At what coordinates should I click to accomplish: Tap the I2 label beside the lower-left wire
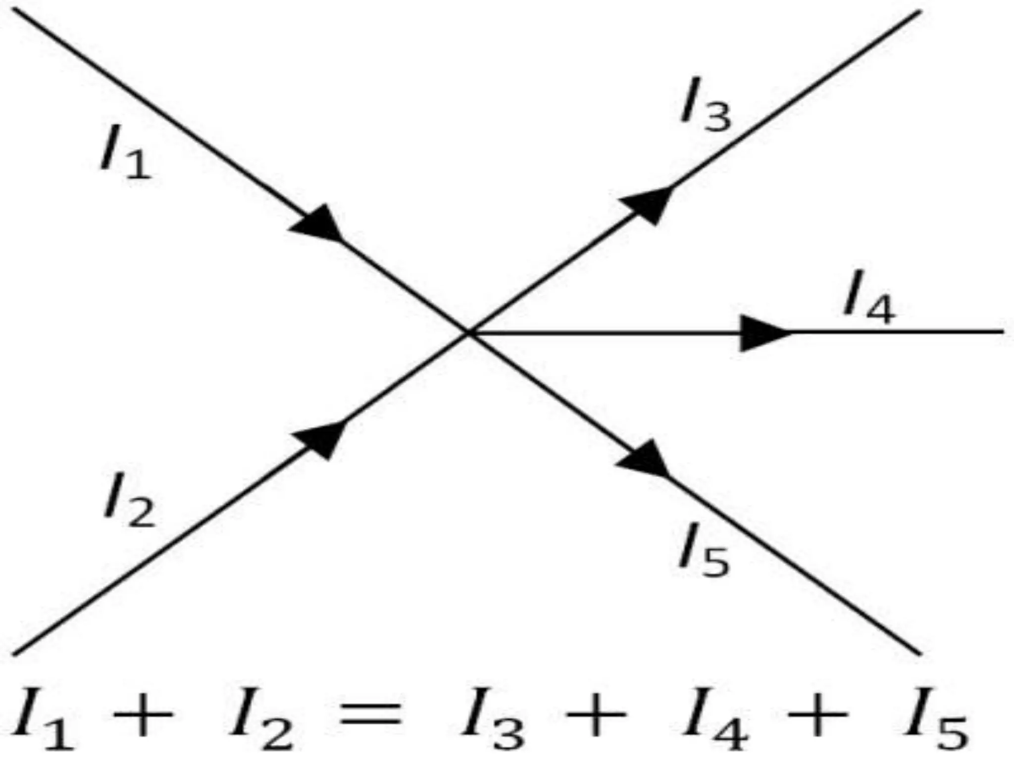click(x=129, y=501)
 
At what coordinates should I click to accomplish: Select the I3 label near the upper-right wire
click(x=705, y=105)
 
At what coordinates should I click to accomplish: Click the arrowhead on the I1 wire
click(x=319, y=225)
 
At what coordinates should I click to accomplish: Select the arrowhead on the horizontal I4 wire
click(x=762, y=332)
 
